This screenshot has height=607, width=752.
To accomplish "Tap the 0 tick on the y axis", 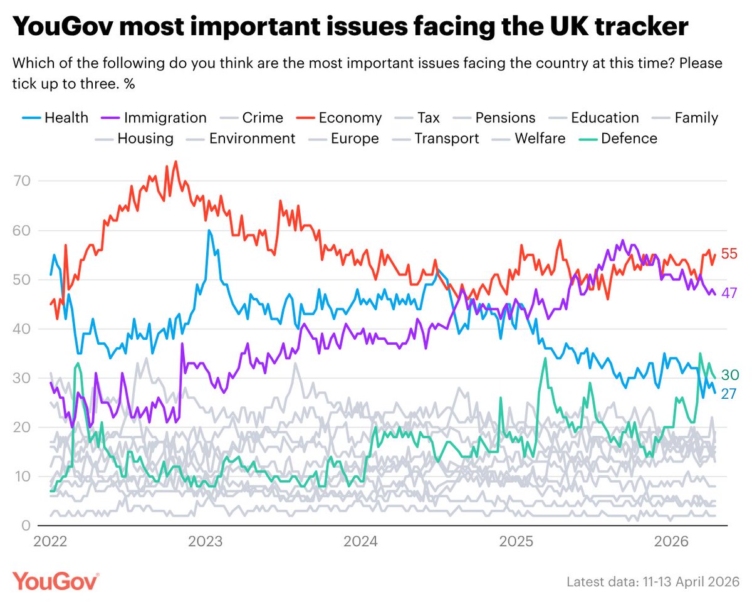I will pyautogui.click(x=26, y=525).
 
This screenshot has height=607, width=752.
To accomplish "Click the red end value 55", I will pyautogui.click(x=729, y=254).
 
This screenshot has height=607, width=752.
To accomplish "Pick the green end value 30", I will pyautogui.click(x=729, y=375).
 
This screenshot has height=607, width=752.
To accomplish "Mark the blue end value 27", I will pyautogui.click(x=729, y=393).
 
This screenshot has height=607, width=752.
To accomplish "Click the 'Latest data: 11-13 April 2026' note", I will pyautogui.click(x=652, y=582).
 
